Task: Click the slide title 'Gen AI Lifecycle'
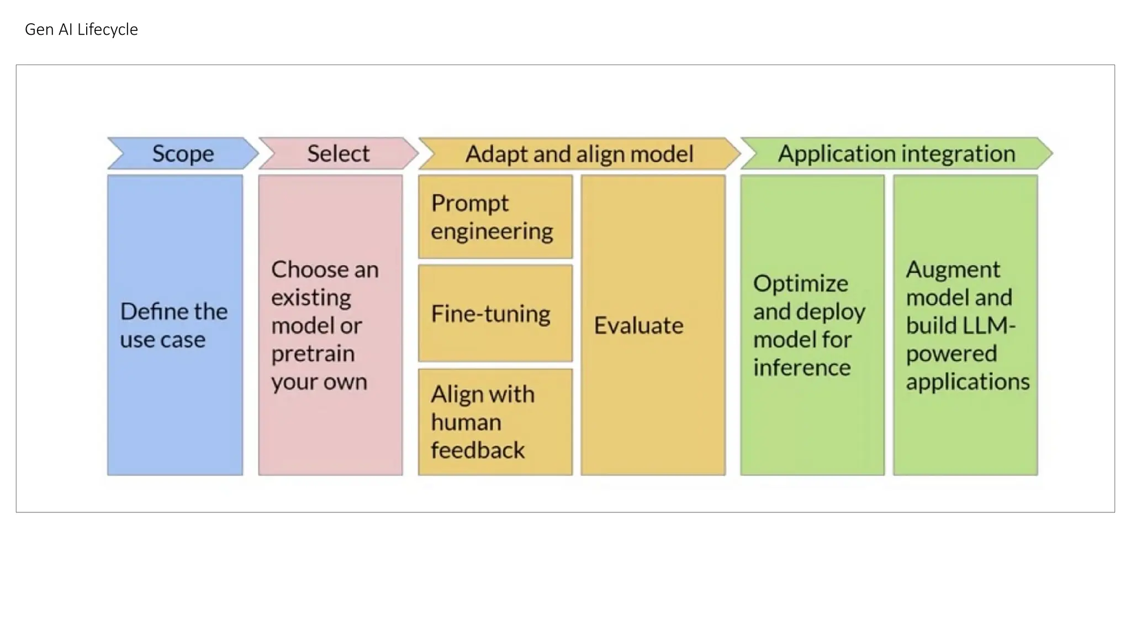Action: pyautogui.click(x=81, y=29)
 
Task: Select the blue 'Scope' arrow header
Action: pyautogui.click(x=183, y=153)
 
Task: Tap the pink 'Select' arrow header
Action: pyautogui.click(x=338, y=153)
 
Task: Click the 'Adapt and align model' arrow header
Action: pyautogui.click(x=579, y=153)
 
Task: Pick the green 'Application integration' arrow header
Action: pyautogui.click(x=896, y=153)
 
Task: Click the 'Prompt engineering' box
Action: pyautogui.click(x=495, y=217)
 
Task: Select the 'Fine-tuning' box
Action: pyautogui.click(x=495, y=314)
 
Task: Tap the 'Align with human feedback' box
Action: pyautogui.click(x=495, y=422)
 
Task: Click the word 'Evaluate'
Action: pyautogui.click(x=638, y=326)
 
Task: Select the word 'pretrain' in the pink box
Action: pyautogui.click(x=313, y=354)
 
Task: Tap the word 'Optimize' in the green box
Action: pyautogui.click(x=800, y=284)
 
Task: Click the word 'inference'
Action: pyautogui.click(x=802, y=368)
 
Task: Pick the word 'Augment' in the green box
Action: pyautogui.click(x=953, y=270)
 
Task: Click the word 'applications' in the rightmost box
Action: pyautogui.click(x=968, y=382)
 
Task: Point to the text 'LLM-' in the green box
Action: pyautogui.click(x=989, y=326)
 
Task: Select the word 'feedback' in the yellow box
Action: pyautogui.click(x=478, y=451)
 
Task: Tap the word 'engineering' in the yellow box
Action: pyautogui.click(x=491, y=231)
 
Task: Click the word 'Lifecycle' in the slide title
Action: pyautogui.click(x=108, y=29)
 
